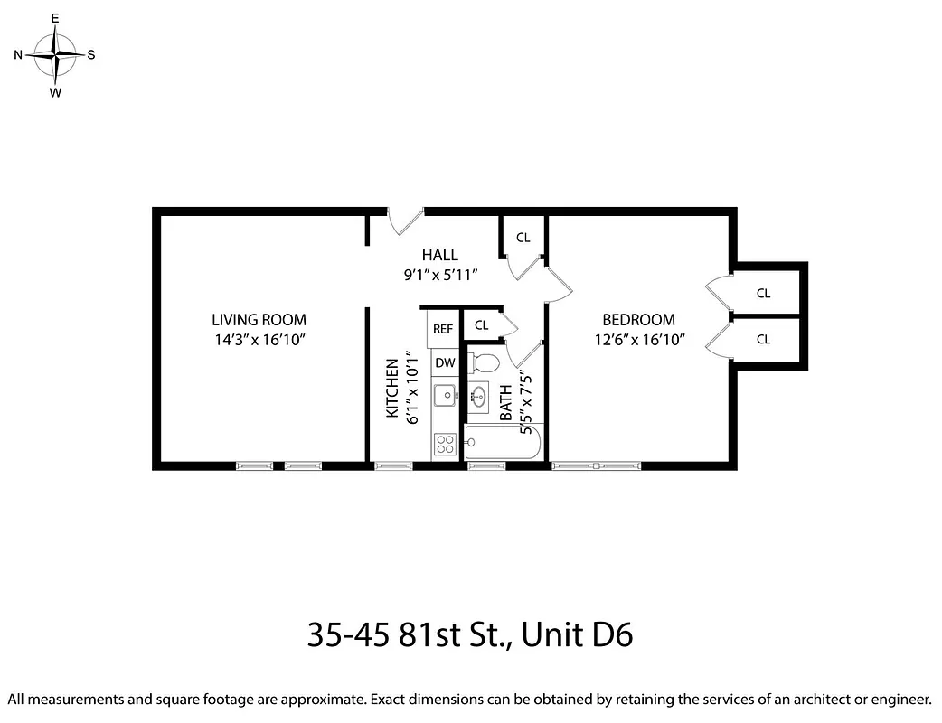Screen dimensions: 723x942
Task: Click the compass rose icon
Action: pyautogui.click(x=56, y=54)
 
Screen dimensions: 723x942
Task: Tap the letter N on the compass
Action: pyautogui.click(x=18, y=55)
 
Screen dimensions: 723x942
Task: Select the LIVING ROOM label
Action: pyautogui.click(x=259, y=320)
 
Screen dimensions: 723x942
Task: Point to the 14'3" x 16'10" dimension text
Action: pyautogui.click(x=259, y=340)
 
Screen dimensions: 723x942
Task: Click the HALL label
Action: pyautogui.click(x=439, y=255)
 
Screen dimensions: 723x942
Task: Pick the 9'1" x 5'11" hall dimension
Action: pyautogui.click(x=439, y=275)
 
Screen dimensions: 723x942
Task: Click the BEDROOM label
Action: pyautogui.click(x=638, y=320)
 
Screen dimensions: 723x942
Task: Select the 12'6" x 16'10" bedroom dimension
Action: pyautogui.click(x=638, y=340)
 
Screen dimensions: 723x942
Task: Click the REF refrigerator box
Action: pyautogui.click(x=443, y=329)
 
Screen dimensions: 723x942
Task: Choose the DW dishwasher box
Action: pyautogui.click(x=444, y=363)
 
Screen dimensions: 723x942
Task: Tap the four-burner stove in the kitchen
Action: pyautogui.click(x=444, y=443)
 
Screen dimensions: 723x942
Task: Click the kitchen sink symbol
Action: pyautogui.click(x=444, y=395)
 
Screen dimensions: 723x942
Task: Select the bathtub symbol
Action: pyautogui.click(x=503, y=443)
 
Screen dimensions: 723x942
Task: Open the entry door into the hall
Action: pyautogui.click(x=406, y=220)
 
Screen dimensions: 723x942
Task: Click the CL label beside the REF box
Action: pyautogui.click(x=481, y=325)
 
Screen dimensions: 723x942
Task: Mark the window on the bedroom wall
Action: pyautogui.click(x=596, y=466)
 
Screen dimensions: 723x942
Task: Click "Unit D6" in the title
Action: pyautogui.click(x=578, y=635)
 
